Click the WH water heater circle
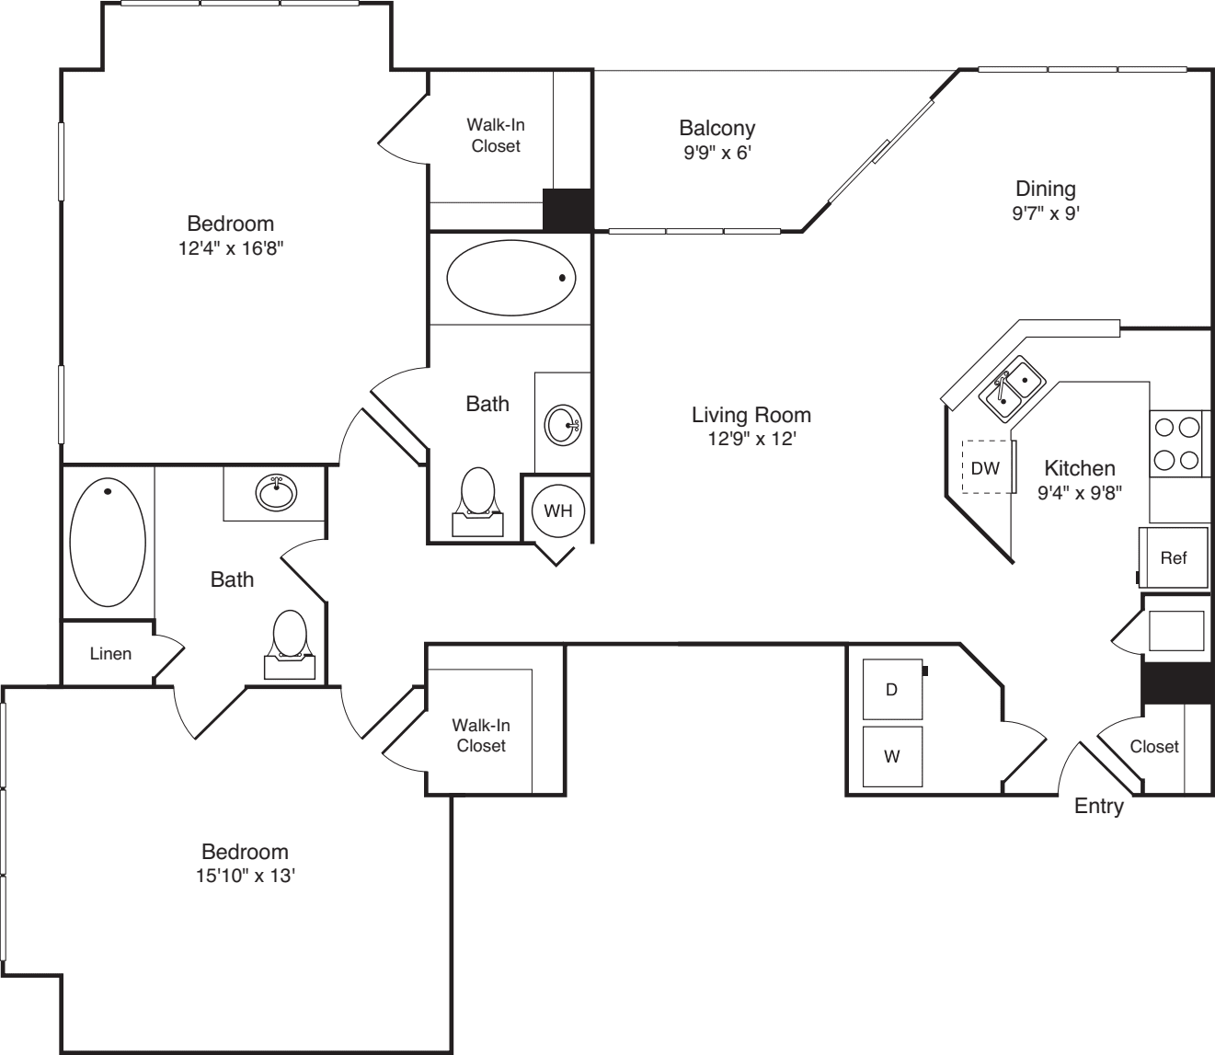click(x=558, y=510)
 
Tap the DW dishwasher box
click(x=987, y=467)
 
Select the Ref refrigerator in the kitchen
click(x=1174, y=557)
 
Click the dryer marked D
click(x=892, y=689)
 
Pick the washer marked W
click(x=892, y=756)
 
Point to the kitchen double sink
click(x=1012, y=389)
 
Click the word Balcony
click(x=717, y=128)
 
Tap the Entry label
click(x=1099, y=807)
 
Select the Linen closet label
click(x=110, y=654)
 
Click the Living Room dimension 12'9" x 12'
click(x=751, y=439)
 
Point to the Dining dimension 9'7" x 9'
click(x=1046, y=213)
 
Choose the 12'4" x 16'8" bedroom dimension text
click(x=231, y=248)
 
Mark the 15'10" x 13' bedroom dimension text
click(x=246, y=876)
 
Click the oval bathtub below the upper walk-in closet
click(x=511, y=278)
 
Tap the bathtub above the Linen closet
click(x=108, y=542)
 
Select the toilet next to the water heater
click(x=478, y=502)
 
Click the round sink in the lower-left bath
click(x=276, y=492)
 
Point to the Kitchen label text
click(x=1080, y=468)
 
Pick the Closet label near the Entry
click(x=1153, y=746)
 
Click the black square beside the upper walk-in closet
click(x=567, y=210)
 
